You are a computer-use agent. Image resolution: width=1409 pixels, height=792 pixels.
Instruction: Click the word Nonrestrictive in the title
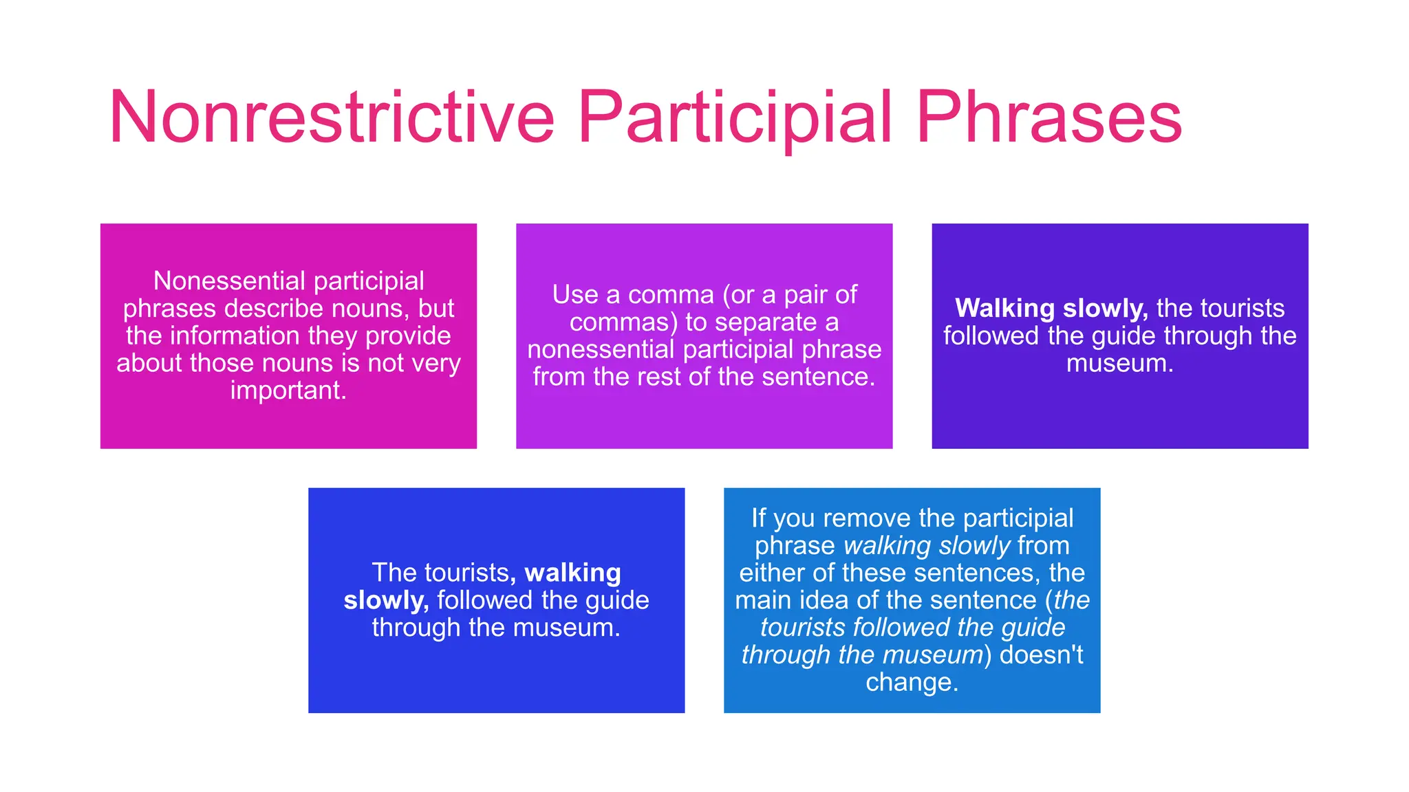(x=332, y=118)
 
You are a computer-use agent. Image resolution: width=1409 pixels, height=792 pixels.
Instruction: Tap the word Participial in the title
(x=735, y=118)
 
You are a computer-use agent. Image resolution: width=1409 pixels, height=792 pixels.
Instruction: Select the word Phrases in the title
(x=1048, y=118)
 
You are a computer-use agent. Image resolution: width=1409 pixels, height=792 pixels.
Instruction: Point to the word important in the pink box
(x=288, y=390)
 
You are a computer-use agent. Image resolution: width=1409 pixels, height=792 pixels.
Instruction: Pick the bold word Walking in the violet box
(x=1005, y=309)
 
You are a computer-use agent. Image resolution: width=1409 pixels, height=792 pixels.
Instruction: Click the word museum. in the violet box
(x=1119, y=363)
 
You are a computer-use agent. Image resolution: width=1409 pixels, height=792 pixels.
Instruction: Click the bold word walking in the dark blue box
(x=572, y=573)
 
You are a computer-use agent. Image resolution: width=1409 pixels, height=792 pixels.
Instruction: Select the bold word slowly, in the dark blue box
(x=386, y=600)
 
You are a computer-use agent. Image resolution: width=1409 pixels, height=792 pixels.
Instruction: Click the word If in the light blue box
(x=758, y=518)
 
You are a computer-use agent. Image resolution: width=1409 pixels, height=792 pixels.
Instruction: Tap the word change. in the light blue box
(x=912, y=682)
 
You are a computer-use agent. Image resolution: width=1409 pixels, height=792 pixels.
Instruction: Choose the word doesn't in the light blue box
(x=1041, y=654)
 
